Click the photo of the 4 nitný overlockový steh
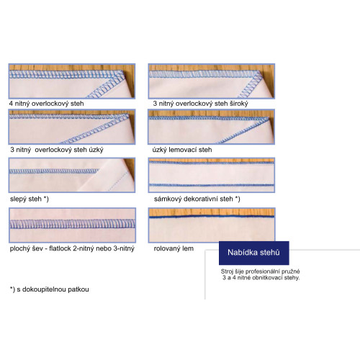point(72,81)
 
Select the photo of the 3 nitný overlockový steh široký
point(212,81)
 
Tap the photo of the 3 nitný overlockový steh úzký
point(72,127)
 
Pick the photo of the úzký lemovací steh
point(212,127)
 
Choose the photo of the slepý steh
point(72,175)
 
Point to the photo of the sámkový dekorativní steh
point(212,175)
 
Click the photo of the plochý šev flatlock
point(72,225)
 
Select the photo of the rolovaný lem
point(212,225)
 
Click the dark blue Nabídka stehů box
point(254,253)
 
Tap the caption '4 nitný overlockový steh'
point(47,104)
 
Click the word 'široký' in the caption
point(239,104)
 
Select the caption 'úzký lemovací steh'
point(182,150)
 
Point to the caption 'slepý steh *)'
point(30,199)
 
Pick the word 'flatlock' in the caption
point(60,248)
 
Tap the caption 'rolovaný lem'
point(174,248)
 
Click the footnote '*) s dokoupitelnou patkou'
point(50,289)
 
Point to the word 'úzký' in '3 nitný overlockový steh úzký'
point(96,150)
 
